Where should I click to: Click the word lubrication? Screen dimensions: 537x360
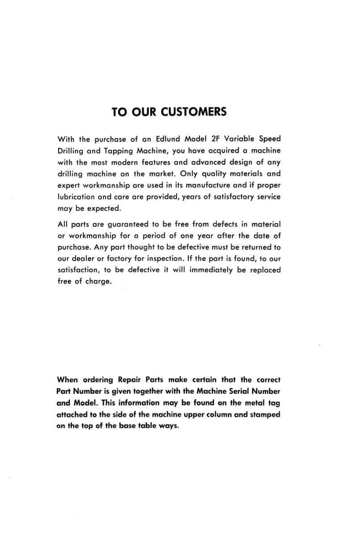click(76, 197)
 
